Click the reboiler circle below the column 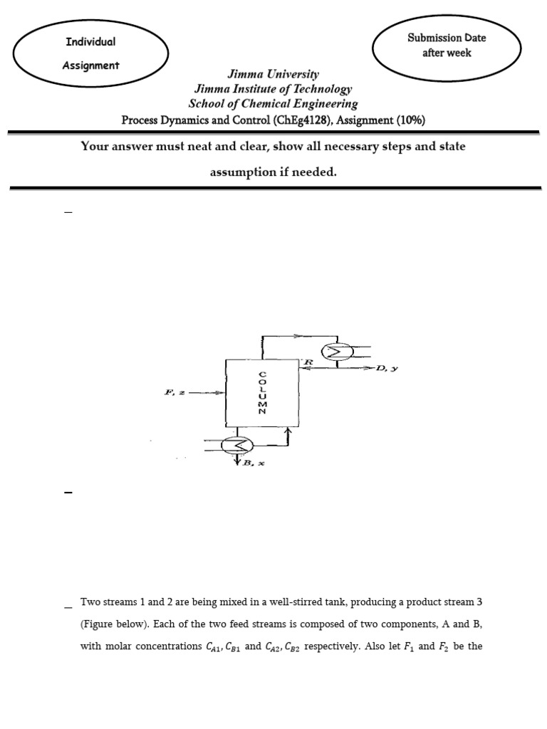coord(236,446)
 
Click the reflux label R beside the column coord(308,362)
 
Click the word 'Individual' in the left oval coord(90,41)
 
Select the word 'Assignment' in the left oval coord(90,65)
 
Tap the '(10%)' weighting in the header coord(410,120)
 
